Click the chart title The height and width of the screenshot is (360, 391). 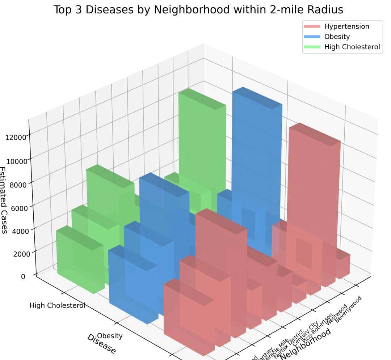[x=198, y=9]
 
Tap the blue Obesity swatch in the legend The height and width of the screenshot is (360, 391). [x=312, y=37]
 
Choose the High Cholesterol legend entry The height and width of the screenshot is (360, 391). [x=352, y=47]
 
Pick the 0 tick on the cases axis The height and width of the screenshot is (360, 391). [x=23, y=276]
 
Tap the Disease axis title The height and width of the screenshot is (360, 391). [x=102, y=344]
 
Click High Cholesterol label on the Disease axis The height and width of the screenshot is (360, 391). [x=57, y=306]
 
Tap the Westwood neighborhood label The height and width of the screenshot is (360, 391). [x=336, y=313]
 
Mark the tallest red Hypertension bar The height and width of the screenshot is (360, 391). [x=314, y=181]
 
